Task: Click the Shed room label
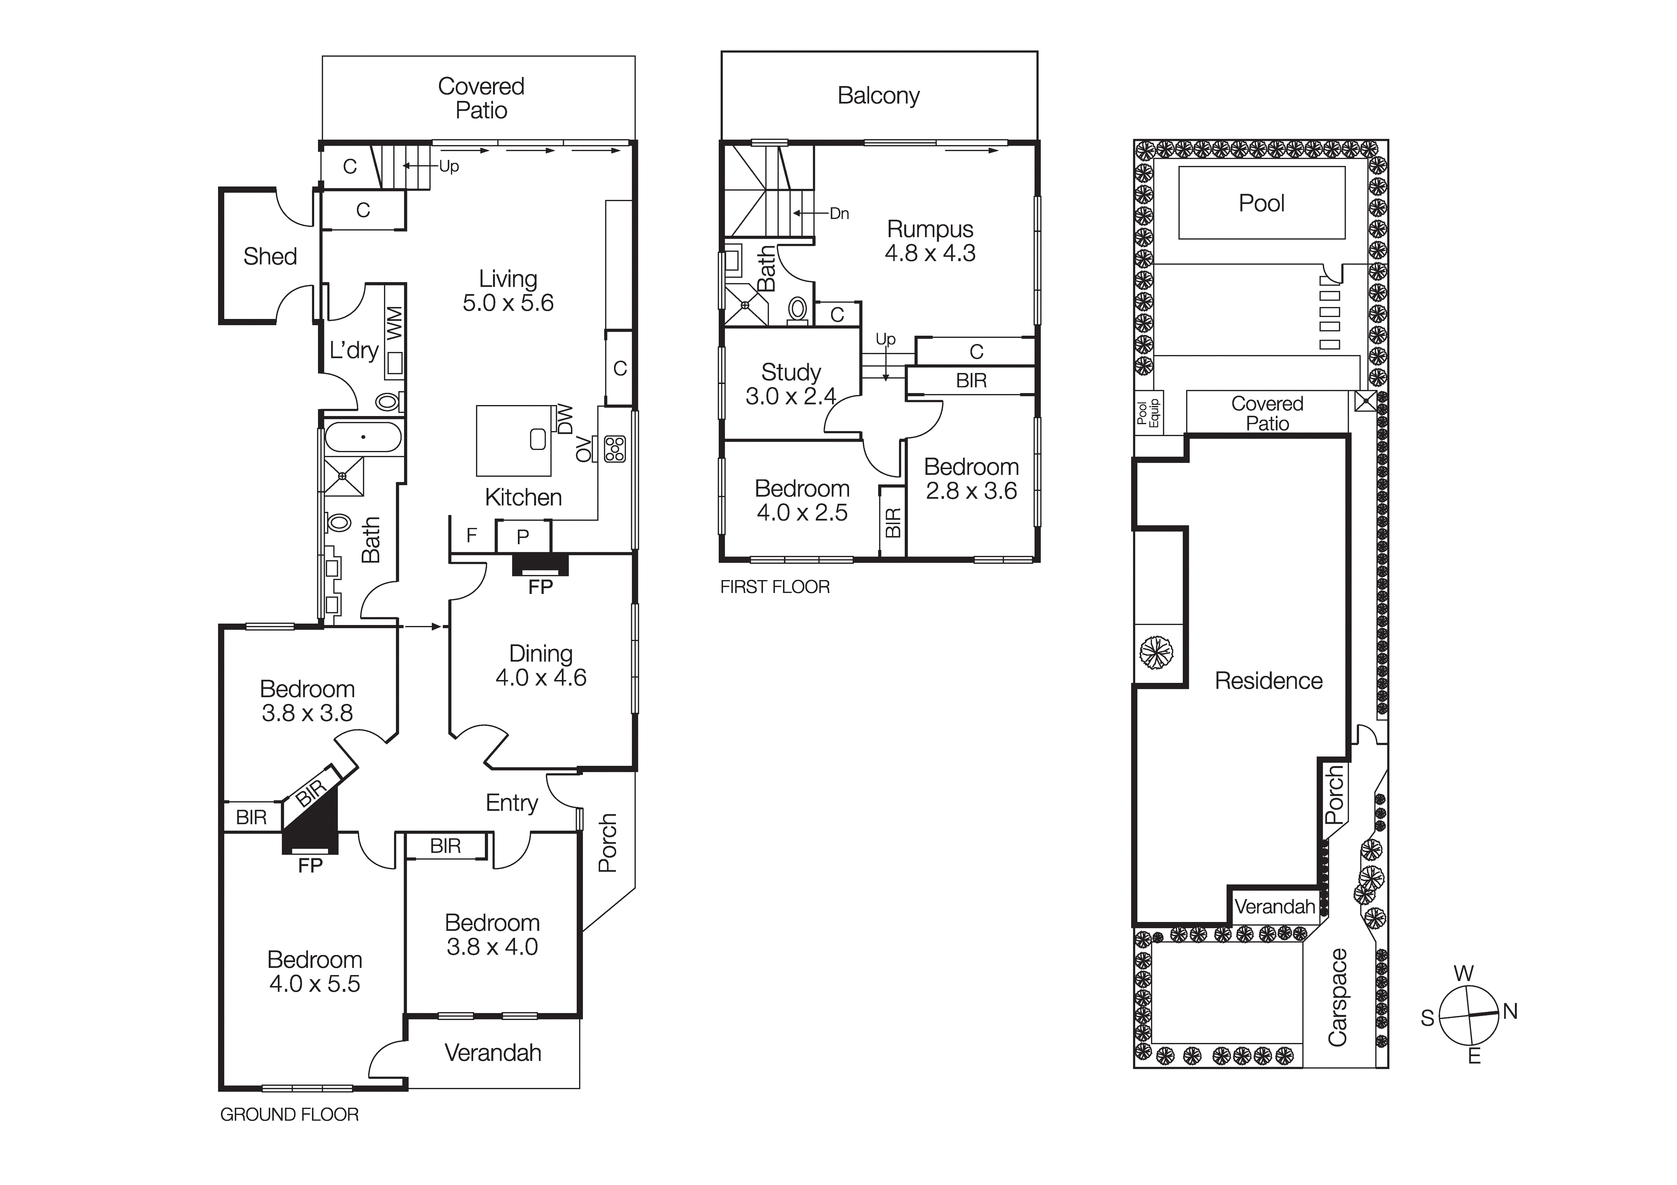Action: pyautogui.click(x=270, y=256)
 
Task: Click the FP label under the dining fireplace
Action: pyautogui.click(x=540, y=587)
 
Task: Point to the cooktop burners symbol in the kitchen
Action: pyautogui.click(x=615, y=449)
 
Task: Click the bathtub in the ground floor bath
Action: pyautogui.click(x=363, y=438)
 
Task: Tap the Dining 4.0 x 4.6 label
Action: pyautogui.click(x=540, y=666)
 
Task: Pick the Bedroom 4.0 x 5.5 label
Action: pyautogui.click(x=314, y=972)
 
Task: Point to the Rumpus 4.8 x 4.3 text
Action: pyautogui.click(x=930, y=241)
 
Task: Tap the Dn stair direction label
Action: pyautogui.click(x=839, y=213)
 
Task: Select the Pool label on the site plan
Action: pyautogui.click(x=1261, y=203)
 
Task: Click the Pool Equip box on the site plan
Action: pyautogui.click(x=1148, y=414)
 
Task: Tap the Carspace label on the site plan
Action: pyautogui.click(x=1337, y=997)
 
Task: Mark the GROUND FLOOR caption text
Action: pyautogui.click(x=289, y=1115)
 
